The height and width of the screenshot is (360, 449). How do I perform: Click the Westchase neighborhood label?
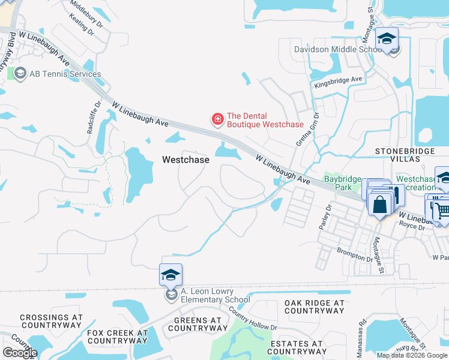click(x=186, y=160)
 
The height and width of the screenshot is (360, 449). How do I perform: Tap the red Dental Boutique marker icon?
click(x=217, y=120)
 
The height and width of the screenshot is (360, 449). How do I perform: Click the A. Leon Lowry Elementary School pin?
click(x=171, y=275)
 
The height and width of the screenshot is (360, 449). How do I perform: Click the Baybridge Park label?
click(x=342, y=183)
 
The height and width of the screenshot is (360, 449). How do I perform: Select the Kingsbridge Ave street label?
click(x=339, y=82)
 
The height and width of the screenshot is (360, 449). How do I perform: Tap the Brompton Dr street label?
click(x=354, y=254)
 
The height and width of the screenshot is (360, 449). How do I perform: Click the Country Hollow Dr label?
click(x=252, y=319)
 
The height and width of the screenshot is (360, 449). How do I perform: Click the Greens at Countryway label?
click(x=200, y=324)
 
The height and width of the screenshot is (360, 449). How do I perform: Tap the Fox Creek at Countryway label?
click(x=117, y=336)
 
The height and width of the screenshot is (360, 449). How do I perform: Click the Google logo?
click(x=20, y=353)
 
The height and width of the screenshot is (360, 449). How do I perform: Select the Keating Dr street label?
click(x=82, y=26)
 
